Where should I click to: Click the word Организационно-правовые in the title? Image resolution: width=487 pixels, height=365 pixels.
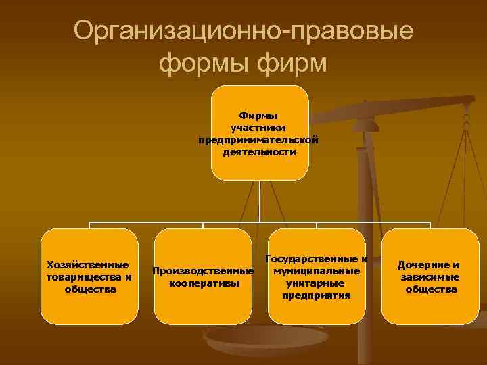243,31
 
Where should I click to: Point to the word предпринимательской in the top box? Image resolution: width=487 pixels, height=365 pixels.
258,140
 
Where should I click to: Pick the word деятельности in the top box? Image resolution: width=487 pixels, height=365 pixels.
258,152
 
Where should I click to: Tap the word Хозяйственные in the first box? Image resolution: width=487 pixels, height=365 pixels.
89,264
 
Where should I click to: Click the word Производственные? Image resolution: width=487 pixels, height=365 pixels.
203,271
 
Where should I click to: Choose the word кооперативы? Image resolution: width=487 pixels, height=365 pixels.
203,283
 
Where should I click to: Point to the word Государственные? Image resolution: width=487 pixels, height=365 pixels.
313,258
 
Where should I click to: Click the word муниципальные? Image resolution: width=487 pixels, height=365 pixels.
317,270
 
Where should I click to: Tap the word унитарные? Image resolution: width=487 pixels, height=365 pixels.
317,283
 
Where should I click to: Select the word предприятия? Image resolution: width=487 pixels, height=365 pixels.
317,295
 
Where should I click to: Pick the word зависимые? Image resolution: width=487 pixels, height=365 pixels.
430,276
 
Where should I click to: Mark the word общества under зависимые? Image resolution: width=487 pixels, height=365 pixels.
430,289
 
